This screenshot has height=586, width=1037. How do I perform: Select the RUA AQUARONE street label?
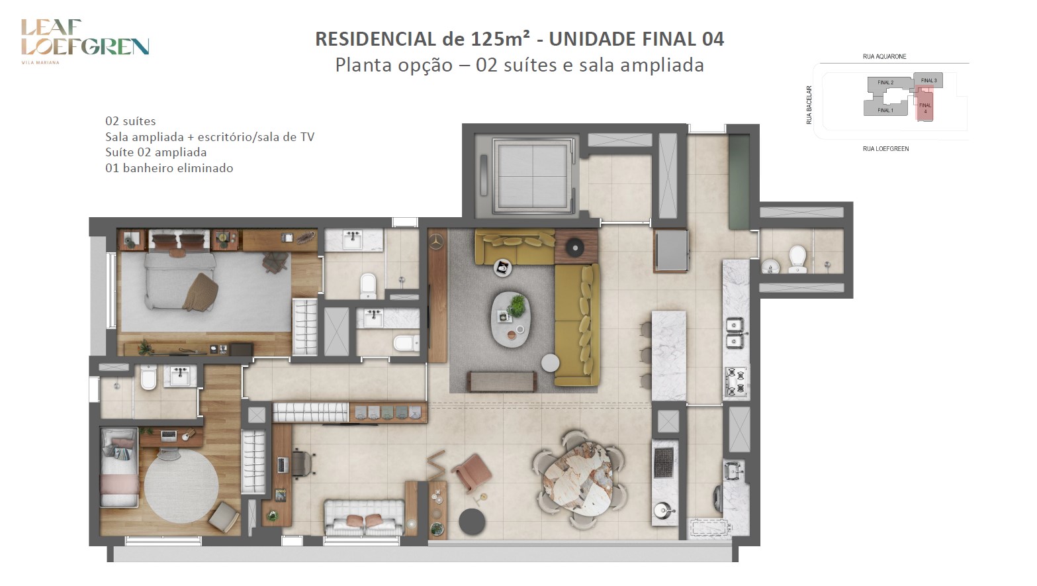(884, 56)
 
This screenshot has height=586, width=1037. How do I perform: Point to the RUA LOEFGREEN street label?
(885, 149)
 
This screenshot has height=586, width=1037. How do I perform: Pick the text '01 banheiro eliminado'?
(169, 168)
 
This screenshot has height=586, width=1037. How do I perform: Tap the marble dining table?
(578, 479)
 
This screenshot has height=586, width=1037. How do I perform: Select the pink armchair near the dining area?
(472, 472)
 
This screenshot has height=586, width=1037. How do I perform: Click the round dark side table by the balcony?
(472, 522)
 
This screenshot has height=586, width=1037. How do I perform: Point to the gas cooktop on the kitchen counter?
(736, 381)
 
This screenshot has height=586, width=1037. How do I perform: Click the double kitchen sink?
(735, 333)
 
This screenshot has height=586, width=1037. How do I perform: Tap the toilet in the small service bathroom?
(797, 260)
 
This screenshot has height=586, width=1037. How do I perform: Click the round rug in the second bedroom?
(181, 486)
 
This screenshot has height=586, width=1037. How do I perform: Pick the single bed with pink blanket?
(119, 467)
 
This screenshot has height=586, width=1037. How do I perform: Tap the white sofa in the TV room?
(365, 517)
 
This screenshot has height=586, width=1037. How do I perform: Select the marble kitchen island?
(668, 356)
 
